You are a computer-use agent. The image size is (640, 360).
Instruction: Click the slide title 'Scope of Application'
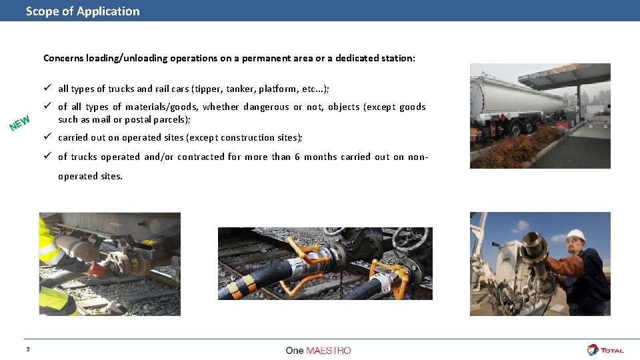[83, 11]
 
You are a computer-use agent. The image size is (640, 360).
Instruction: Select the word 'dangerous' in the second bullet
[266, 107]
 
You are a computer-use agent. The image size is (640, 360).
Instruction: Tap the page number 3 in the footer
[28, 350]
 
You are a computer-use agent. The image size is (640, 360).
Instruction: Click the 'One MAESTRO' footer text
[318, 351]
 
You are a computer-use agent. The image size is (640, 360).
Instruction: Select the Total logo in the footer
[605, 350]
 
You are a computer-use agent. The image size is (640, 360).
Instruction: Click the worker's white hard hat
[575, 235]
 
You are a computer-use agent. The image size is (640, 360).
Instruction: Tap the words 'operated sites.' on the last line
[90, 177]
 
